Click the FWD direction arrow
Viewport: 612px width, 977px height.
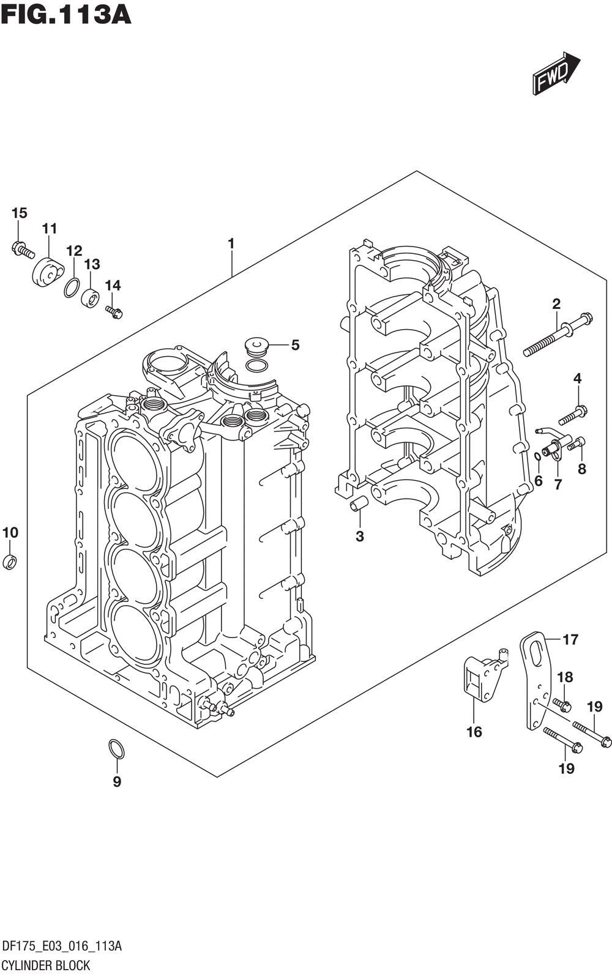pos(555,74)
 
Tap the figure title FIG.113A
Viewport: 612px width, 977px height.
pos(66,14)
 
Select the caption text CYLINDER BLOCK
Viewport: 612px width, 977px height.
pos(46,965)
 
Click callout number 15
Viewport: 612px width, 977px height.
pos(20,213)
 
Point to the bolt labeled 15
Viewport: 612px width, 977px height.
pos(23,249)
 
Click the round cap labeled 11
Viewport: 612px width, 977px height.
pos(48,272)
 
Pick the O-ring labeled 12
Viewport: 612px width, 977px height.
pos(72,287)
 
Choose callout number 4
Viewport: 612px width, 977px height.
pos(577,379)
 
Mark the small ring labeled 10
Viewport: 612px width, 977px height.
pos(10,561)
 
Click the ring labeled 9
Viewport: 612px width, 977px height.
pos(116,748)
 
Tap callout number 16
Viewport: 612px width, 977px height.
pos(474,732)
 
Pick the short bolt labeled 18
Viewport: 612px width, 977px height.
pos(562,704)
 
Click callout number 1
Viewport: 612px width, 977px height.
pos(231,243)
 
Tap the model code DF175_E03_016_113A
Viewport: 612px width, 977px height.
pos(62,947)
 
